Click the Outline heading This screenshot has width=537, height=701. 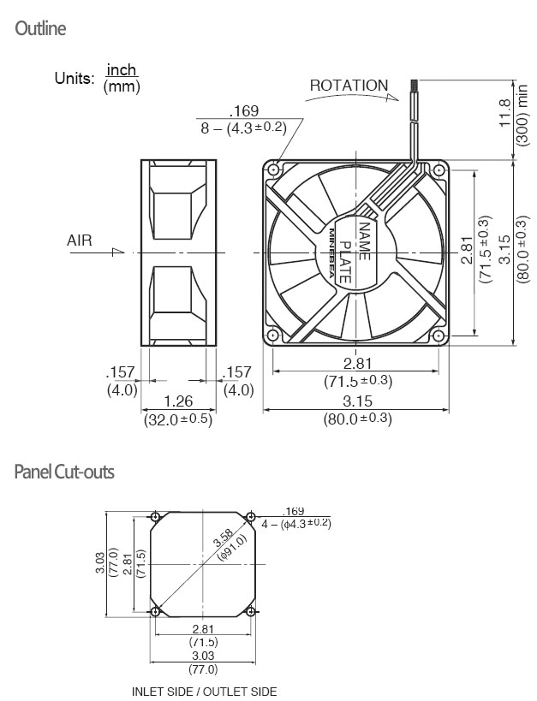[x=40, y=28]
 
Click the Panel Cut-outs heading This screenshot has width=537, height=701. [x=64, y=472]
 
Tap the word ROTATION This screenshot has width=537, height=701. [x=349, y=86]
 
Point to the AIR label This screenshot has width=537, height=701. [x=80, y=240]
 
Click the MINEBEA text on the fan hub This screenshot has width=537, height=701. [x=333, y=253]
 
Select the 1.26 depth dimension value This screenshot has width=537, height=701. [x=178, y=401]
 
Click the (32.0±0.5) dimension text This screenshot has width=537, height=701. [x=178, y=419]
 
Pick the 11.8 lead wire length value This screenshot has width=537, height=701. [x=504, y=113]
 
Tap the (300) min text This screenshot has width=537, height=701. [x=522, y=115]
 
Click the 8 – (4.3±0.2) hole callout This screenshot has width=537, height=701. [x=243, y=128]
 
